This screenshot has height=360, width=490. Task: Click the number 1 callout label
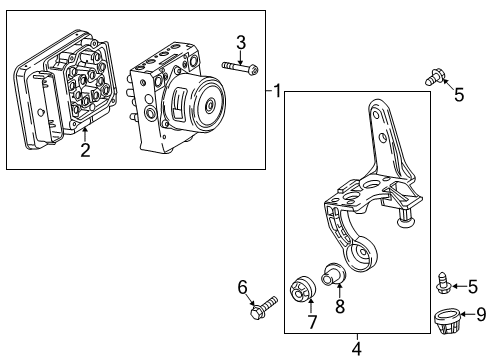click(279, 91)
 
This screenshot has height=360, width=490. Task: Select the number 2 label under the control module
click(85, 150)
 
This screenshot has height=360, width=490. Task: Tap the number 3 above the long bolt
click(240, 41)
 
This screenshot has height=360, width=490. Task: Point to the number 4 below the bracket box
click(357, 349)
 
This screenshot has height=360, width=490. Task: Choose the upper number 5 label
click(459, 95)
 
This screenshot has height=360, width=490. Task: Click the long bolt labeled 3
click(237, 68)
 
